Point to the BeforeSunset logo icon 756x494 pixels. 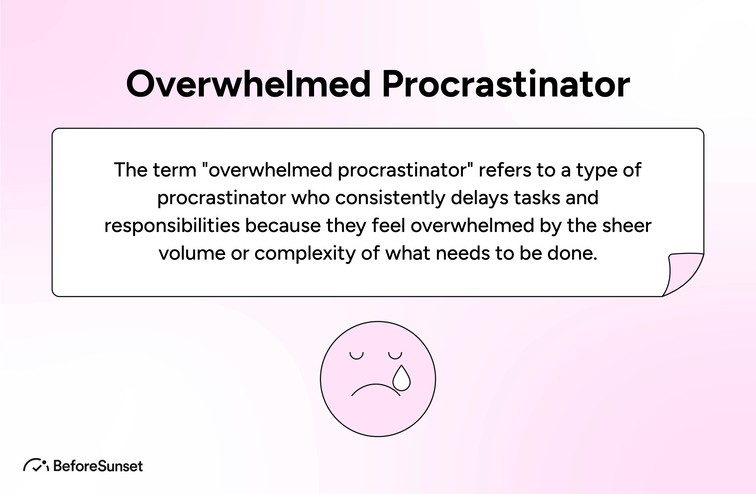[x=37, y=465]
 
